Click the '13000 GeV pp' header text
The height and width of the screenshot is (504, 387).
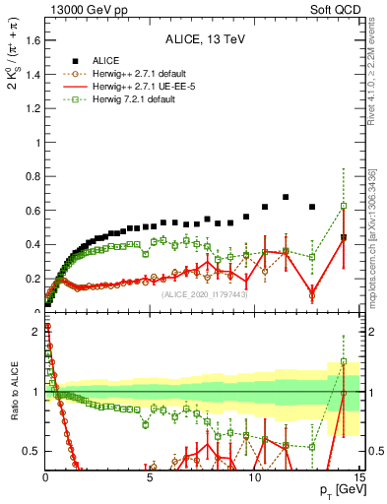[82, 9]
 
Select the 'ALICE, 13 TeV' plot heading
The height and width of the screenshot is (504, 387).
[203, 40]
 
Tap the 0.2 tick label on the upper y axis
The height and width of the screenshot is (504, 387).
[32, 279]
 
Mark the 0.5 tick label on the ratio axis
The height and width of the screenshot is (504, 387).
[32, 451]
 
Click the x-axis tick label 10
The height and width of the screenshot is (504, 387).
[254, 478]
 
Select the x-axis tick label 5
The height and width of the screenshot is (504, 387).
[150, 478]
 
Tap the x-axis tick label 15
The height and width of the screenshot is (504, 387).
[358, 478]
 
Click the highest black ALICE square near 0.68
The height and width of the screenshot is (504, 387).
[286, 197]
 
